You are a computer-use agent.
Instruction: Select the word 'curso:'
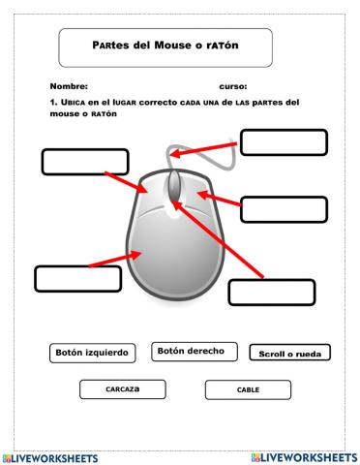pos(233,86)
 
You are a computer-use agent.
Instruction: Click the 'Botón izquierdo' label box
pos(92,354)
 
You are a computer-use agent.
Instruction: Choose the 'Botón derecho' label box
pos(194,352)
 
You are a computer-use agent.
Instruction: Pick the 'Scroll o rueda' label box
pos(289,354)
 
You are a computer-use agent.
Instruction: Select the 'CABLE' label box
pos(248,389)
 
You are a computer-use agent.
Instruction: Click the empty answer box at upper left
pos(85,161)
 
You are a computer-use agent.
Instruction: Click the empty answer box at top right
pos(282,142)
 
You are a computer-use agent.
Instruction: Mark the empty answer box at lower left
pos(77,278)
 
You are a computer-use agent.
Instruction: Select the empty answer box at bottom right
pos(272,292)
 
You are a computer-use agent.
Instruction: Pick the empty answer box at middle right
pos(283,209)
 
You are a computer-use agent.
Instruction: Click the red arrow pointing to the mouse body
pos(113,258)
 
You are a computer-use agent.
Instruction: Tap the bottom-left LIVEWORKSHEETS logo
pos(54,456)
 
